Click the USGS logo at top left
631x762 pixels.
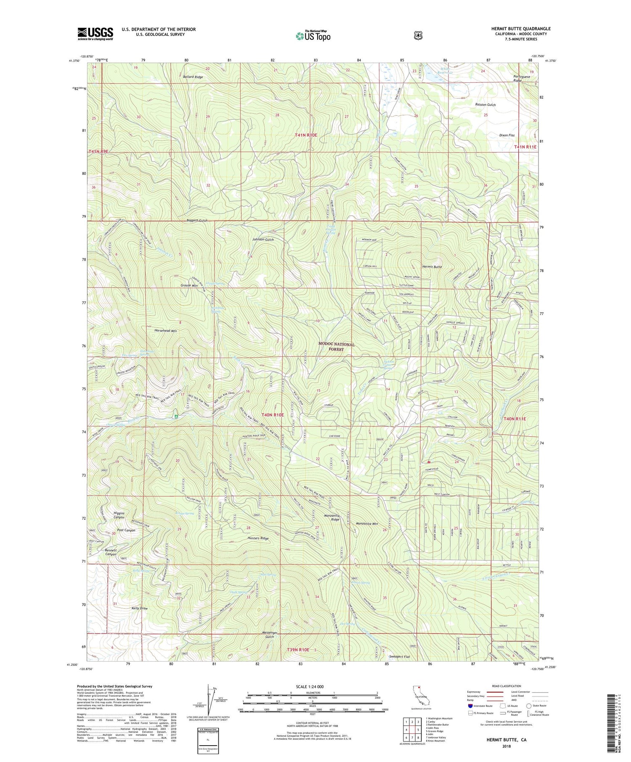95,34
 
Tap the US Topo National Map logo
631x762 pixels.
313,35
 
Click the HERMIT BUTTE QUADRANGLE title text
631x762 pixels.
520,29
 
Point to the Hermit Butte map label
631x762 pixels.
432,267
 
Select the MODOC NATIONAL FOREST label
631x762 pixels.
336,347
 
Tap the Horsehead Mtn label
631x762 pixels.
166,331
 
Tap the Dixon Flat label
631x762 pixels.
506,135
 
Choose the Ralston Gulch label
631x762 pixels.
485,105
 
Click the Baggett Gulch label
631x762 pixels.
197,221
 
